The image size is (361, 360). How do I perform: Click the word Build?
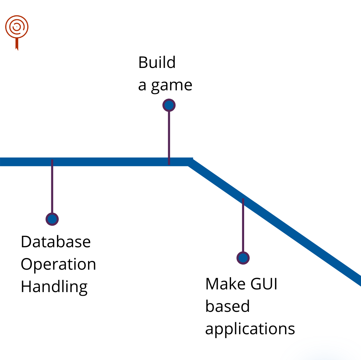pyautogui.click(x=157, y=63)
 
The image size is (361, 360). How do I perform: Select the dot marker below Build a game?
pyautogui.click(x=169, y=105)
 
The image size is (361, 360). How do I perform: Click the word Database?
pyautogui.click(x=56, y=242)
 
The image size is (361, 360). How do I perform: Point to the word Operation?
pyautogui.click(x=58, y=265)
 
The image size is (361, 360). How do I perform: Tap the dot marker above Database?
pyautogui.click(x=52, y=219)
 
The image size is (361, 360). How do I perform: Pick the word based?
pyautogui.click(x=227, y=306)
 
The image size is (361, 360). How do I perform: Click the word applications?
pyautogui.click(x=250, y=329)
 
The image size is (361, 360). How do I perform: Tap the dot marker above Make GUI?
pyautogui.click(x=243, y=258)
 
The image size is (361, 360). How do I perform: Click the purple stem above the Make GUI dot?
pyautogui.click(x=243, y=228)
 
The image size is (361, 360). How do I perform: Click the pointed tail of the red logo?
pyautogui.click(x=17, y=47)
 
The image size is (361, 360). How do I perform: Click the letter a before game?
pyautogui.click(x=142, y=86)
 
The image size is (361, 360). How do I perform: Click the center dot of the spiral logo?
pyautogui.click(x=17, y=25)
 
